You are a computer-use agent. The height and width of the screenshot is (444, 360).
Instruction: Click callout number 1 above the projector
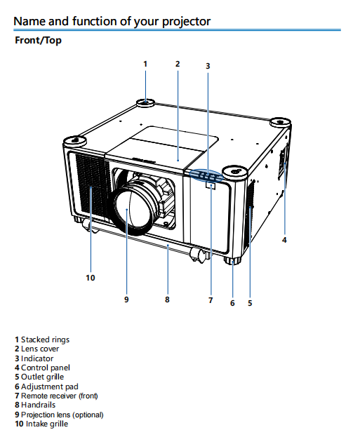pyautogui.click(x=145, y=64)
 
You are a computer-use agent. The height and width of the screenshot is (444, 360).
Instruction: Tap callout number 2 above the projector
pyautogui.click(x=178, y=64)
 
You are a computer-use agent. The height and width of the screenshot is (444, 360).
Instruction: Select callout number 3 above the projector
pyautogui.click(x=208, y=66)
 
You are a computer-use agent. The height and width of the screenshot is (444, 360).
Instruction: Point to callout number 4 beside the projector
pyautogui.click(x=284, y=240)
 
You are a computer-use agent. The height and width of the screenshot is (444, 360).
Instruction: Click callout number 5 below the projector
pyautogui.click(x=250, y=303)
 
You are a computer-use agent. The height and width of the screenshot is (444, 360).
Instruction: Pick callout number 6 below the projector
pyautogui.click(x=232, y=303)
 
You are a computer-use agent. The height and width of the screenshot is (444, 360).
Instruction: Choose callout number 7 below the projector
pyautogui.click(x=211, y=300)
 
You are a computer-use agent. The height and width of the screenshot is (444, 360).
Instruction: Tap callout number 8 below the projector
pyautogui.click(x=167, y=300)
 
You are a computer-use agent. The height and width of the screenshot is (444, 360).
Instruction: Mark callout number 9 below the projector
pyautogui.click(x=126, y=300)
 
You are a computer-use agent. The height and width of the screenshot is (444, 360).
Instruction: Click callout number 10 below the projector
pyautogui.click(x=91, y=278)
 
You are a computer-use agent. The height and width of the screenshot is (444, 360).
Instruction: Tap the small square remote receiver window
pyautogui.click(x=211, y=186)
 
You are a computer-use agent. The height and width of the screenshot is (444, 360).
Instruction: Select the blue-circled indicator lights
pyautogui.click(x=206, y=175)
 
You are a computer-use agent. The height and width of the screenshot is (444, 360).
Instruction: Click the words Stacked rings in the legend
pyautogui.click(x=46, y=339)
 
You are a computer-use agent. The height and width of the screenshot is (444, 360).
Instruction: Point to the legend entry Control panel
pyautogui.click(x=43, y=368)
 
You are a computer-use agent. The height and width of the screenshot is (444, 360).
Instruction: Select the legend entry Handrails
pyautogui.click(x=35, y=405)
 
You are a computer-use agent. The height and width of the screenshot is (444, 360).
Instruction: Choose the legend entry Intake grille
pyautogui.click(x=41, y=424)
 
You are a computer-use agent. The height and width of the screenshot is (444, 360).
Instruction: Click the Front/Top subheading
pyautogui.click(x=38, y=40)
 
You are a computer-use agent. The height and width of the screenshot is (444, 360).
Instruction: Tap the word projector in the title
pyautogui.click(x=186, y=22)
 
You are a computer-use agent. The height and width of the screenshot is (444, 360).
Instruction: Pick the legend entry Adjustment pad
pyautogui.click(x=46, y=386)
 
